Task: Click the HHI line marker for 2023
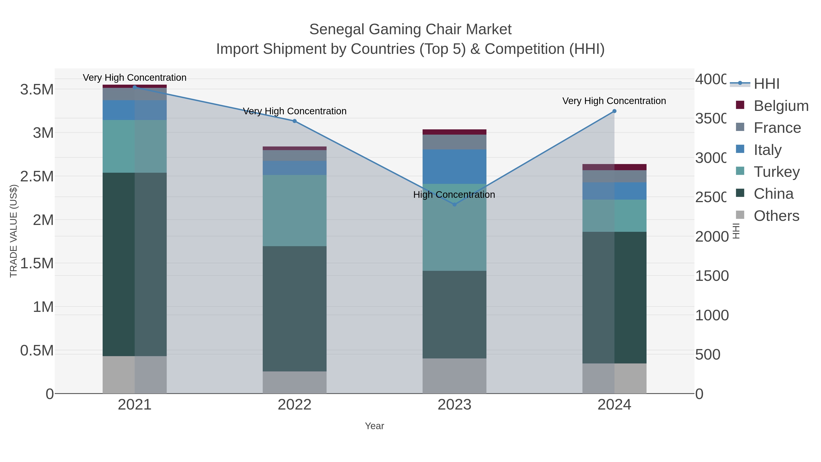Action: point(455,204)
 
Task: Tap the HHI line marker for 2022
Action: point(294,121)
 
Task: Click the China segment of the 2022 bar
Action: point(294,309)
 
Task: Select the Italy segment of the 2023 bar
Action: point(455,167)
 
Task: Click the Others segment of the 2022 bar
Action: point(294,382)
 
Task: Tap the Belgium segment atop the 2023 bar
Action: point(455,132)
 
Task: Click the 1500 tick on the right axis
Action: point(711,276)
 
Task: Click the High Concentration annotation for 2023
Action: point(454,194)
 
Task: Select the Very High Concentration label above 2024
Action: point(614,101)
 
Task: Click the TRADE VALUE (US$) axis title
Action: point(13,231)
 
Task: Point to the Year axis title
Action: point(374,426)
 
